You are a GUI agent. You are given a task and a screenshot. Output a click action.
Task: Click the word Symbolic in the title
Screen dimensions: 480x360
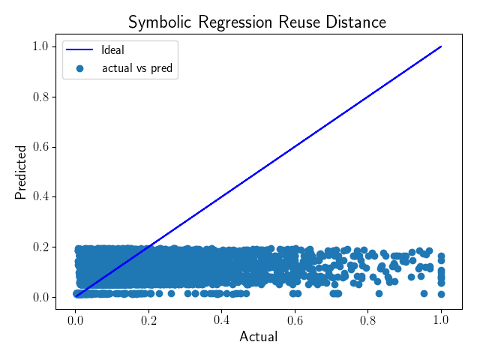(160, 22)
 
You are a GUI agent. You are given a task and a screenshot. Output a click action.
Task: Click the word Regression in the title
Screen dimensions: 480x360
(235, 22)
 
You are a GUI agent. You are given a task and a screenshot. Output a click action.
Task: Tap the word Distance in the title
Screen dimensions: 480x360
(355, 22)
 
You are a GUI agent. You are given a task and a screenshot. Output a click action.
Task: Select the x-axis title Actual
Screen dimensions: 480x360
(259, 337)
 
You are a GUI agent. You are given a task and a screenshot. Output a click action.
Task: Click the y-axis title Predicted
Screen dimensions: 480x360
(21, 172)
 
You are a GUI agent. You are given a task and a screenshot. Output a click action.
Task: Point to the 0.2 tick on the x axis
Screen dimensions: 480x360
(148, 320)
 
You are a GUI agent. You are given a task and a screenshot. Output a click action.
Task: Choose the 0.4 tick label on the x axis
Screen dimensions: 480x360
(222, 320)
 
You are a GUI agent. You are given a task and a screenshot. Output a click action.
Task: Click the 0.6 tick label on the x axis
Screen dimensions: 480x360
(295, 320)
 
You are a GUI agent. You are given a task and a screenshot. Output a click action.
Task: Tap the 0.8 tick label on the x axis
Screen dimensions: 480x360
(368, 320)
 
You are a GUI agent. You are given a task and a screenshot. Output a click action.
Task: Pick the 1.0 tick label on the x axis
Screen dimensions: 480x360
(441, 320)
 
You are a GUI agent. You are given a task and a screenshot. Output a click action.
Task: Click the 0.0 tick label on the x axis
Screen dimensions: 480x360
(76, 320)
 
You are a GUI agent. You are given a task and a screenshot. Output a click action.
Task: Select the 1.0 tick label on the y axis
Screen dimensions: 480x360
(40, 46)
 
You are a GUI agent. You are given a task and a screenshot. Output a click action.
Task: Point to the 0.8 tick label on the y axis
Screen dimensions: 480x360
(40, 97)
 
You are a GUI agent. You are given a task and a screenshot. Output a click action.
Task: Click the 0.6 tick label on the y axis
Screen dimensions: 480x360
(40, 147)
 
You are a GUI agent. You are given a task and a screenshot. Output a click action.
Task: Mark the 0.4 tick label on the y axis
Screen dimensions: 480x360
(40, 196)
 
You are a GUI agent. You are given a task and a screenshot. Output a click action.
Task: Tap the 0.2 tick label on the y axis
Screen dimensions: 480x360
(40, 247)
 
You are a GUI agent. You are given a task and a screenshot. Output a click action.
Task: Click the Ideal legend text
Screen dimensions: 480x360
(112, 50)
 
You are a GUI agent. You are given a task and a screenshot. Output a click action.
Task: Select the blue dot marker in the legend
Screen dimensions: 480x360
(80, 68)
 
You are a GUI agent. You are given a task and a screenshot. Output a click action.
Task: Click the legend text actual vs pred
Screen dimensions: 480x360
(137, 68)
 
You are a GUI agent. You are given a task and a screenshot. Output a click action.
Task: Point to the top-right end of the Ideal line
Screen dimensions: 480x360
(441, 46)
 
